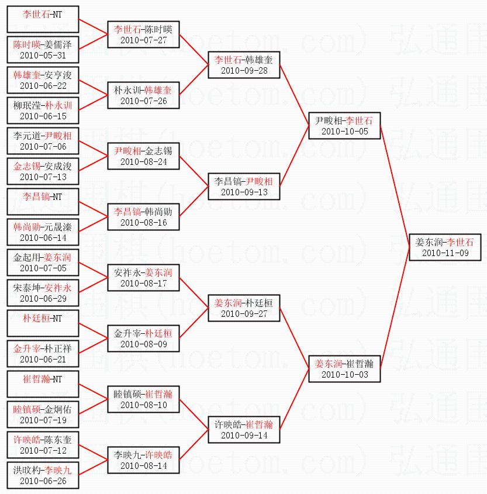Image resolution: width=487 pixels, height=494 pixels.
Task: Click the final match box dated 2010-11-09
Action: point(445,247)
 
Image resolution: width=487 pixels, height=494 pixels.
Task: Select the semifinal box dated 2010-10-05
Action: point(345,126)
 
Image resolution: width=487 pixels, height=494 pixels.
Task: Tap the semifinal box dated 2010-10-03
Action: point(345,369)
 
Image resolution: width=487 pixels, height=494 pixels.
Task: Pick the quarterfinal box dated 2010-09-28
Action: point(244,65)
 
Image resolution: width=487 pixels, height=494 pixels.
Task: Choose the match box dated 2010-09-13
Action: point(244,186)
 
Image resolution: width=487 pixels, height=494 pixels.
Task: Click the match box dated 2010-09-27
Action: point(244,308)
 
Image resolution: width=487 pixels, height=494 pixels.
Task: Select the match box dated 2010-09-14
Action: point(244,430)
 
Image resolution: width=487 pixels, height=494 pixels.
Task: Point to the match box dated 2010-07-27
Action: point(143,34)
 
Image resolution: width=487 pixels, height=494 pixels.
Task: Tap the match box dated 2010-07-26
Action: point(143,95)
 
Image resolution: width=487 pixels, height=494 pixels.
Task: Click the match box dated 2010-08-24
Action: point(143,156)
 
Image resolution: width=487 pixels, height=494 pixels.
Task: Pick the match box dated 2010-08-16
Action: point(143,217)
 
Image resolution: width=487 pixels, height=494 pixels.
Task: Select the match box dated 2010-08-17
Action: point(143,278)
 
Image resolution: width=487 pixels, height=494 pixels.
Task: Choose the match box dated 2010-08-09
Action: point(143,338)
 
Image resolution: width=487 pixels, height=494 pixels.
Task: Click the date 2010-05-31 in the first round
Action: point(43,56)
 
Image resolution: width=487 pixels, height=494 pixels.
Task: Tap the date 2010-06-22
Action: point(43,86)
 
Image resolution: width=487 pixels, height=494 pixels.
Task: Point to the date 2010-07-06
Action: point(43,147)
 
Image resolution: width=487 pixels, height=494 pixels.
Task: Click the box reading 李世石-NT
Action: point(43,19)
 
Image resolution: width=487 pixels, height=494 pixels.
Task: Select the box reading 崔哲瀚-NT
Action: point(43,384)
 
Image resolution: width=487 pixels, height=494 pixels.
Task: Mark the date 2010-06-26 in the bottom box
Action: point(43,481)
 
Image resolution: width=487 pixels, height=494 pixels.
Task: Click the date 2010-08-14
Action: point(143,466)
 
